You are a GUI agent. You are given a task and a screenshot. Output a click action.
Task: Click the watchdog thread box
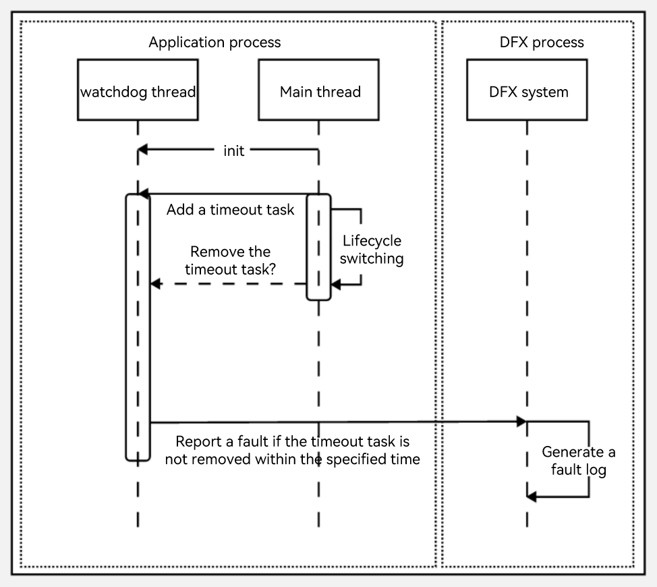point(138,90)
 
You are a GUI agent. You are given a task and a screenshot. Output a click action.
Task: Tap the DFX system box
point(527,90)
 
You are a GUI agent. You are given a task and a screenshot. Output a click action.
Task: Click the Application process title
point(215,43)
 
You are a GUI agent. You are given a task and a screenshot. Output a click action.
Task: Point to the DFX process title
point(542,43)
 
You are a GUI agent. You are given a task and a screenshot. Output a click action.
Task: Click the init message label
point(234,150)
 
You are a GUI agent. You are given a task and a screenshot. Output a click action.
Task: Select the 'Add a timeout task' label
point(231,210)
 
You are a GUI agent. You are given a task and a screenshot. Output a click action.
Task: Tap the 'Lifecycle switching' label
point(372,249)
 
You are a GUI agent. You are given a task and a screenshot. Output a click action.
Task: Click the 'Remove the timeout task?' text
point(231,260)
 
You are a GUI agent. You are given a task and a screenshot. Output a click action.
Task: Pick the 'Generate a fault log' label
point(579,461)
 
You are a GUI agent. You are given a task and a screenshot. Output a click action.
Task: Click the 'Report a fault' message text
point(293,450)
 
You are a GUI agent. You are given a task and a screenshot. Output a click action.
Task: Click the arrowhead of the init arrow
point(142,150)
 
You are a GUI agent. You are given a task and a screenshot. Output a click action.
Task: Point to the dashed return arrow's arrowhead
point(154,284)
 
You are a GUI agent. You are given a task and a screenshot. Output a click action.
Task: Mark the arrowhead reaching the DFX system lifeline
point(521,422)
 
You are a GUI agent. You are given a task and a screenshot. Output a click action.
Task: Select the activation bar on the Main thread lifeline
point(318,247)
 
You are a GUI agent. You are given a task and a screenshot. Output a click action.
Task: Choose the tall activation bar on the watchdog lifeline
point(138,327)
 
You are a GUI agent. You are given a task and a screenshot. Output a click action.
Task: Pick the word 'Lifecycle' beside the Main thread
point(372,240)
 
